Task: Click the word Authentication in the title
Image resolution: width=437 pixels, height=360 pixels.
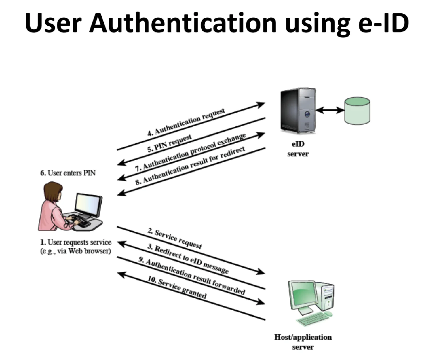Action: point(183,23)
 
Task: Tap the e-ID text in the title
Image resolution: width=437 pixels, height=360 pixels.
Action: point(383,23)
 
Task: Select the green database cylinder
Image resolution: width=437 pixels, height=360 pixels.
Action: point(357,111)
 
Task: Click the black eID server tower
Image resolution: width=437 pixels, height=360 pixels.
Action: point(298,111)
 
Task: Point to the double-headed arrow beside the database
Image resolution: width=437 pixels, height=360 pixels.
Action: point(330,110)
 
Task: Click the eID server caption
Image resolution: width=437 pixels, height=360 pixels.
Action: point(298,149)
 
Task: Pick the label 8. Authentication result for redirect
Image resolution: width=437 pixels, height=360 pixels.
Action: point(190,165)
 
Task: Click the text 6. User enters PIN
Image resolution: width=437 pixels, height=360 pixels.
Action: point(68,173)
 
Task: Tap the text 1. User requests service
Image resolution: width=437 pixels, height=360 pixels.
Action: point(75,242)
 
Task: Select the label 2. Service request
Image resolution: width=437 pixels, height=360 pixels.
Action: point(174,239)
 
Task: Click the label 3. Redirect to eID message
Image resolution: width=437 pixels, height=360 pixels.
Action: point(188,259)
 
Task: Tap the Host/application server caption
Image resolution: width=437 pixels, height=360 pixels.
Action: point(303,342)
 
